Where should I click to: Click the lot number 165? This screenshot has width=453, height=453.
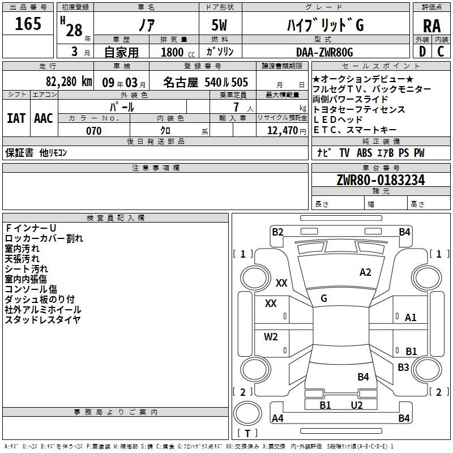pyautogui.click(x=28, y=24)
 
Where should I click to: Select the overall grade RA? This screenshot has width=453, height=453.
pyautogui.click(x=431, y=26)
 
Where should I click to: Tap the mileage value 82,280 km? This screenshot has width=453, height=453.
pyautogui.click(x=69, y=82)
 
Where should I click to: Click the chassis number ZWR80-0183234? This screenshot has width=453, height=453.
pyautogui.click(x=381, y=180)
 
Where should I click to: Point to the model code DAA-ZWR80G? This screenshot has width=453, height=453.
pyautogui.click(x=324, y=52)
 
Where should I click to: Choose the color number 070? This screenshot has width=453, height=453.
pyautogui.click(x=94, y=131)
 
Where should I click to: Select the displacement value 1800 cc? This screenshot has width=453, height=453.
pyautogui.click(x=178, y=52)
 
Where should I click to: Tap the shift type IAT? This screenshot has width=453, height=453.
pyautogui.click(x=16, y=118)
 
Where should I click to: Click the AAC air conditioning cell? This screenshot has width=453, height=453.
pyautogui.click(x=44, y=118)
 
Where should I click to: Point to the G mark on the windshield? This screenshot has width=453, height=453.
pyautogui.click(x=324, y=298)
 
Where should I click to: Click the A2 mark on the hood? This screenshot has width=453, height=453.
pyautogui.click(x=365, y=272)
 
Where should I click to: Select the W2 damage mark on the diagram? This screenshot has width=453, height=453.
pyautogui.click(x=271, y=336)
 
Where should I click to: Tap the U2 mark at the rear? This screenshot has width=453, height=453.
pyautogui.click(x=357, y=405)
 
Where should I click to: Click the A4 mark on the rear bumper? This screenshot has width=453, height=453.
pyautogui.click(x=277, y=418)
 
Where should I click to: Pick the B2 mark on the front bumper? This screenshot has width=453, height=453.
pyautogui.click(x=277, y=232)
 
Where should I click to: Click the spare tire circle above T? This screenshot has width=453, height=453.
pyautogui.click(x=247, y=413)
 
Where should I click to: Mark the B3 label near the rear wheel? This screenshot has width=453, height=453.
pyautogui.click(x=403, y=367)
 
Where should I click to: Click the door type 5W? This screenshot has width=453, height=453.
pyautogui.click(x=219, y=25)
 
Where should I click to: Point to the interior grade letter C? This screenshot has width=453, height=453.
pyautogui.click(x=441, y=52)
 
